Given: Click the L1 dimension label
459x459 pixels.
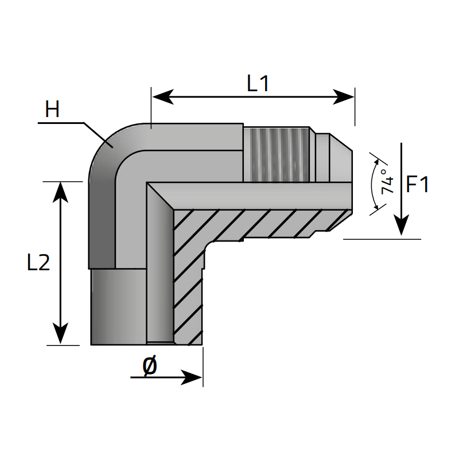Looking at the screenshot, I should tap(258, 84).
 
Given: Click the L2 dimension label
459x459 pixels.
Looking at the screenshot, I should tap(38, 263).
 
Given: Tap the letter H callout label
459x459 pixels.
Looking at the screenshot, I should tap(52, 110).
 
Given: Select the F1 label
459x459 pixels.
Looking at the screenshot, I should tap(417, 185).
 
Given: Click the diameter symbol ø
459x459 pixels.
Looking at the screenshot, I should tap(149, 365).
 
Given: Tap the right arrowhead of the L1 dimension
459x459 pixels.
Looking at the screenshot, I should tap(344, 97).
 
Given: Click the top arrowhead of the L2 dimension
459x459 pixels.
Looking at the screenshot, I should tap(61, 193).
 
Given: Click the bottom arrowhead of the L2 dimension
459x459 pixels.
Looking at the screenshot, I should tap(61, 334).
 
